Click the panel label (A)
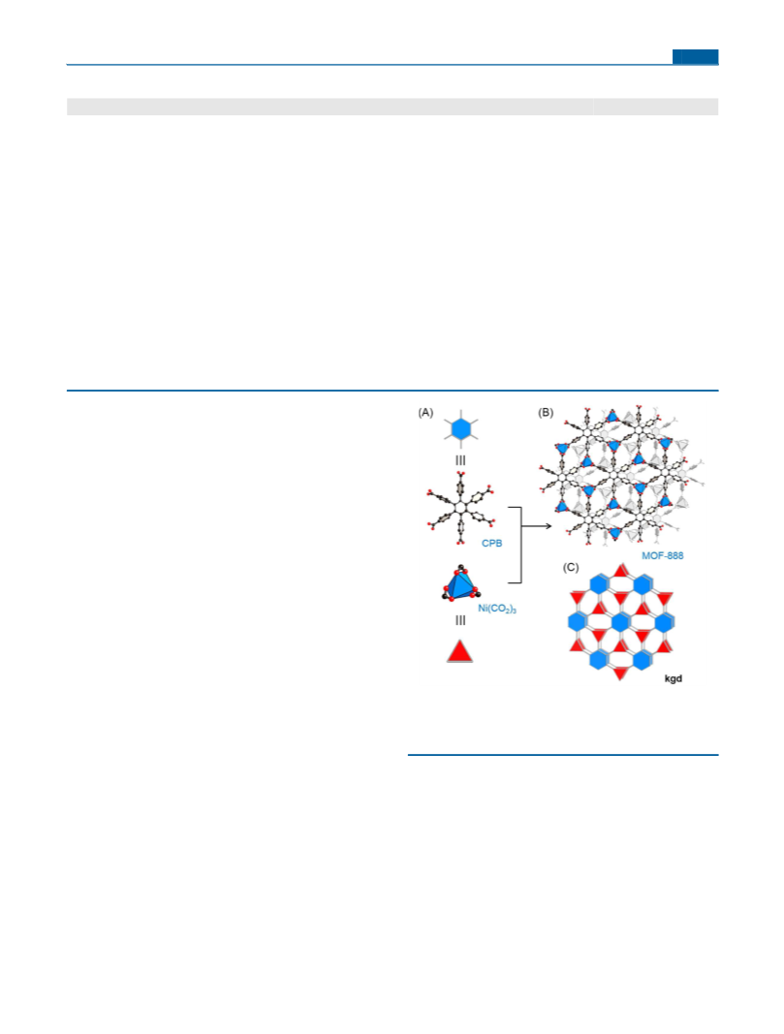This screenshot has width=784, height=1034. point(425,413)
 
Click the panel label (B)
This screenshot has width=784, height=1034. point(546,413)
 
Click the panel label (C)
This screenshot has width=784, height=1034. point(571,567)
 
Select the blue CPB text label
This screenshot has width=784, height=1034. point(492,544)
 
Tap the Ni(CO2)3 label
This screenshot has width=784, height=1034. point(497,609)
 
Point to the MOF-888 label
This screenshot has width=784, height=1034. point(663,556)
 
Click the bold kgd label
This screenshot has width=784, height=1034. point(674,678)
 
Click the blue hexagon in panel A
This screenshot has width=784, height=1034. point(460,429)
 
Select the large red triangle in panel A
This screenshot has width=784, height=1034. point(459,651)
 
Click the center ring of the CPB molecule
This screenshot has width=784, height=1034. point(459,508)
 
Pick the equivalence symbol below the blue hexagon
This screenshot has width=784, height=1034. point(460,460)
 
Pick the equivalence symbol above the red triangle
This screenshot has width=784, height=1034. point(460,620)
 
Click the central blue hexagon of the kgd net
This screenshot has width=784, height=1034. point(620,622)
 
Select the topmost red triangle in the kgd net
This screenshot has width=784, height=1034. point(620,571)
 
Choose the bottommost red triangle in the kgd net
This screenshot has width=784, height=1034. point(620,673)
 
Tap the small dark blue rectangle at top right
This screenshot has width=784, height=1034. point(696,57)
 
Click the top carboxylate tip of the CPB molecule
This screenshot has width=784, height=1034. point(459,474)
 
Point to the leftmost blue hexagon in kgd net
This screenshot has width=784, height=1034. point(577,621)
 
